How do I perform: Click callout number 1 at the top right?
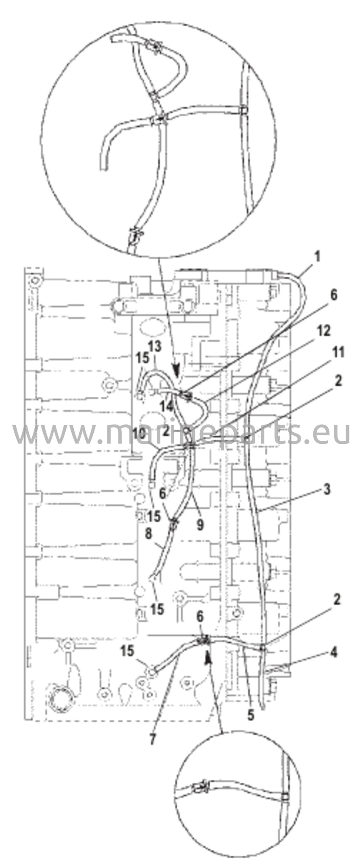tap(317, 257)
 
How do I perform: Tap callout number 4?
tap(334, 653)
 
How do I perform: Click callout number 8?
tap(148, 533)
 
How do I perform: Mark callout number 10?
tap(139, 433)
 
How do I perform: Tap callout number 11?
tap(338, 352)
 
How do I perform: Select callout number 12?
tap(324, 330)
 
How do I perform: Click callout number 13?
tap(155, 346)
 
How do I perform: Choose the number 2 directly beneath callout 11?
tap(338, 381)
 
